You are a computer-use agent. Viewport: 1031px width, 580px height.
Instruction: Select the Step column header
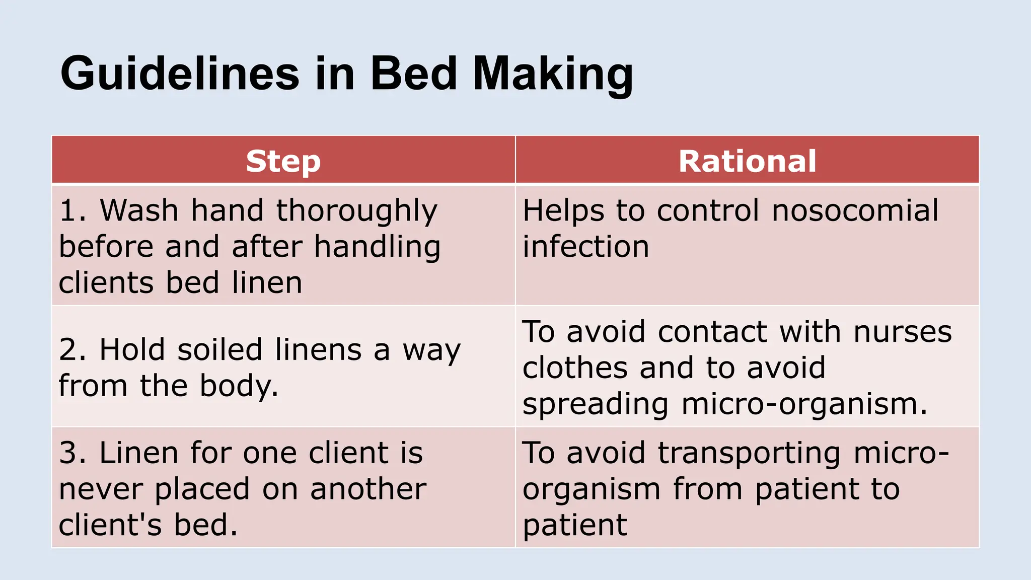(283, 161)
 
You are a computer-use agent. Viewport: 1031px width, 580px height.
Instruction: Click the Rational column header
(747, 161)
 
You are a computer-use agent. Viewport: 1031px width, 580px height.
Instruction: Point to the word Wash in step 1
(139, 210)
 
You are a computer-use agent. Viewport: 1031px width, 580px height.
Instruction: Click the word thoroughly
(356, 211)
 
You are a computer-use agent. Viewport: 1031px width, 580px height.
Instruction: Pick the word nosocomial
(855, 210)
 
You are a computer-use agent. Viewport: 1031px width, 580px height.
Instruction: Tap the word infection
(585, 246)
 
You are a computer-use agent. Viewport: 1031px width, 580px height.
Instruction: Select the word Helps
(563, 211)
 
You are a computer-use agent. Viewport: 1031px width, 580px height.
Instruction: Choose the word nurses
(903, 332)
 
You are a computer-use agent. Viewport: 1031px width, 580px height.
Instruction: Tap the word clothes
(575, 368)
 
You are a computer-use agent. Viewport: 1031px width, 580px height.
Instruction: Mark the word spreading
(596, 404)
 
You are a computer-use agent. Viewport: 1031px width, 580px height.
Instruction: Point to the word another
(368, 489)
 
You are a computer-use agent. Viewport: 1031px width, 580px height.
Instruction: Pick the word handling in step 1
(377, 247)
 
